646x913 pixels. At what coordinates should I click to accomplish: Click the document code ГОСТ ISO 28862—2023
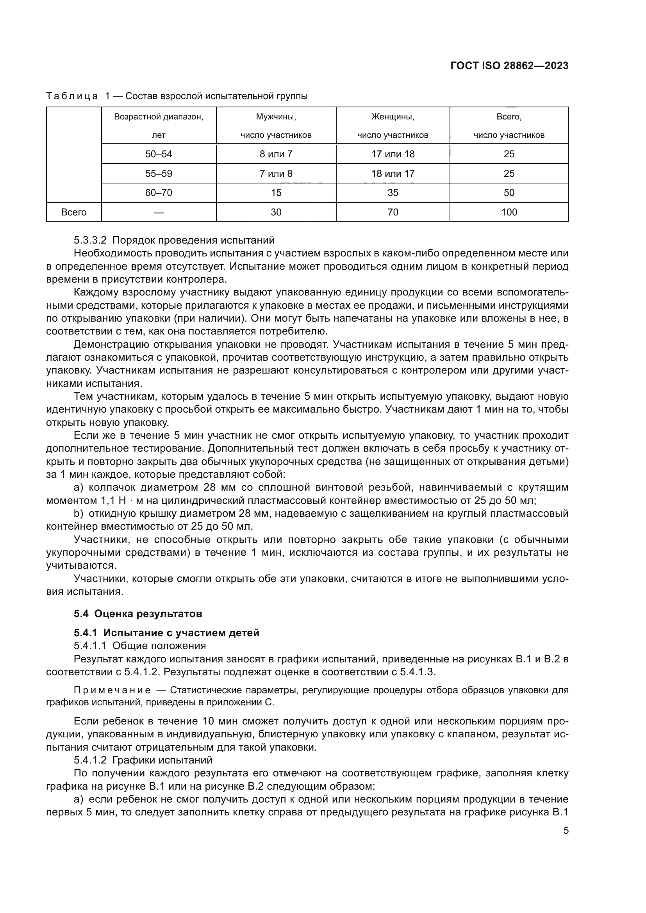coord(509,66)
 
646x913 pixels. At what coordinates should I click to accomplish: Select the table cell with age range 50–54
coord(158,154)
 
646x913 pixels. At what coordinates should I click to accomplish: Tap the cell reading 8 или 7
coord(276,154)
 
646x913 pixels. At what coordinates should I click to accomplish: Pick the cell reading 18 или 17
coord(393,173)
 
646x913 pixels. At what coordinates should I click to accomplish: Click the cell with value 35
coord(393,193)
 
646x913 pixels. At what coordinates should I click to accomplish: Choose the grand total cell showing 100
coord(509,212)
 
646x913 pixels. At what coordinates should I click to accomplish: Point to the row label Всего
coord(73,212)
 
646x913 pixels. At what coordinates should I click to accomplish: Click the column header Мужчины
coord(276,117)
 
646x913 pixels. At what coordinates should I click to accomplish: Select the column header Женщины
coord(393,117)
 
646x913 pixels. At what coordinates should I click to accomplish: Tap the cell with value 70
coord(393,212)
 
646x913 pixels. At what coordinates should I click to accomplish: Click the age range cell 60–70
coord(158,193)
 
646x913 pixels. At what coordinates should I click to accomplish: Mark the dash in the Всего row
coord(158,212)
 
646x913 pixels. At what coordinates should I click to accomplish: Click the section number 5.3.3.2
coord(90,240)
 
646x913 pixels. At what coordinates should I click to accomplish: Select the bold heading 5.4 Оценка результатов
coord(137,614)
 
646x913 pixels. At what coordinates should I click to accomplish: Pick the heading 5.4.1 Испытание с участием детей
coord(166,633)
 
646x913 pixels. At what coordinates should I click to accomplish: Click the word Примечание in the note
coord(112,691)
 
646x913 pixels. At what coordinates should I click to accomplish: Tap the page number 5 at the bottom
coord(566,831)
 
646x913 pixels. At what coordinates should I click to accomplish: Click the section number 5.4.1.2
coord(90,760)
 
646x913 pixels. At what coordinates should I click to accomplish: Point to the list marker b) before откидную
coord(79,514)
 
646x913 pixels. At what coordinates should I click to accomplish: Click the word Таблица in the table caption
coord(71,96)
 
